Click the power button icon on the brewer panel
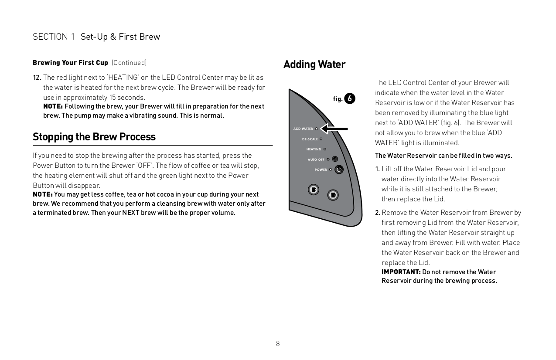tap(339, 170)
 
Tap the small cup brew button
tap(313, 190)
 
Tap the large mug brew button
tap(333, 195)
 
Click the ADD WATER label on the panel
tap(303, 129)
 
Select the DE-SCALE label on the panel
tap(310, 139)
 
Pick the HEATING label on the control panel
tap(314, 149)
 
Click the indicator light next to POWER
tap(331, 170)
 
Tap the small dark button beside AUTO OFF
tap(335, 159)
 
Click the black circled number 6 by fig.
tap(350, 98)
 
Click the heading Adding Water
tap(314, 65)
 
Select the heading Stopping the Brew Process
tap(94, 137)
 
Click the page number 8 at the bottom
tap(278, 343)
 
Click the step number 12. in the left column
tap(37, 78)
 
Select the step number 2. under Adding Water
tap(378, 213)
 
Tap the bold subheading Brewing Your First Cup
tap(70, 63)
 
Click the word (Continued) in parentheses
tap(129, 63)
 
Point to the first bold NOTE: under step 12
tap(53, 107)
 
